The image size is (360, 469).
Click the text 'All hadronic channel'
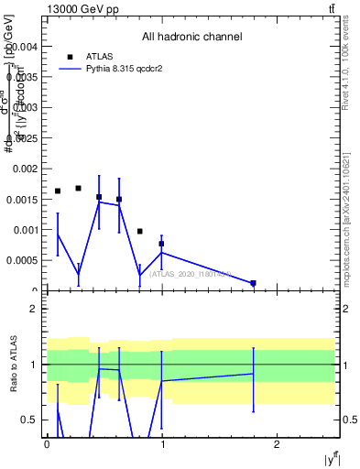click(191, 38)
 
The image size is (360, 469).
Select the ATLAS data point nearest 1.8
click(253, 283)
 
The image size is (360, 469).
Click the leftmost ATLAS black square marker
click(58, 191)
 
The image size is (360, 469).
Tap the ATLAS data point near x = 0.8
click(140, 232)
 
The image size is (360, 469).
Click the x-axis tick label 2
click(277, 443)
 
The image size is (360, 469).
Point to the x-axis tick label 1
click(161, 443)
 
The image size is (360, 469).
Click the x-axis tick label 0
click(47, 443)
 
